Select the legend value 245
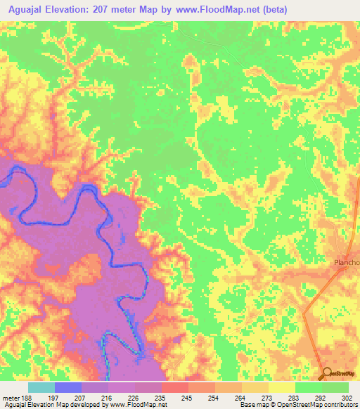[186, 397]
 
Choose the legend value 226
[133, 397]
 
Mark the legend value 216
[107, 397]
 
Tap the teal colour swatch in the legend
[41, 387]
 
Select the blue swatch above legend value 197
[67, 387]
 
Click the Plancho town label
[346, 263]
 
